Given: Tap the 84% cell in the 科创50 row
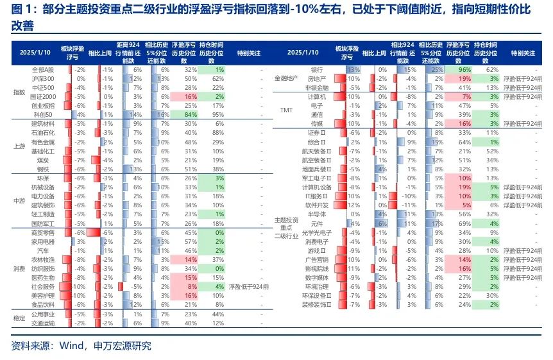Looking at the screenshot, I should pyautogui.click(x=190, y=114).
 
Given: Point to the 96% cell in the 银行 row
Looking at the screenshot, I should pyautogui.click(x=464, y=69).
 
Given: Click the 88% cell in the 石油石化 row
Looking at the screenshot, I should pyautogui.click(x=218, y=132).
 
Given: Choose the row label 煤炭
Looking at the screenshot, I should pyautogui.click(x=43, y=159).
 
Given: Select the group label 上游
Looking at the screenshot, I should pyautogui.click(x=19, y=146).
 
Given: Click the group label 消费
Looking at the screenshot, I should pyautogui.click(x=19, y=270).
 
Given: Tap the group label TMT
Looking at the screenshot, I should pyautogui.click(x=287, y=110).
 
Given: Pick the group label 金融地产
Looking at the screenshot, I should pyautogui.click(x=287, y=78).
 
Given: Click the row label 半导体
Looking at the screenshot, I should pyautogui.click(x=316, y=214).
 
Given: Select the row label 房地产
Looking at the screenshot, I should pyautogui.click(x=316, y=78).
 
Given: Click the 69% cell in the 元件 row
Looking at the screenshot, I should pyautogui.click(x=464, y=223).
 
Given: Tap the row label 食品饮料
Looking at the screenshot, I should pyautogui.click(x=43, y=305).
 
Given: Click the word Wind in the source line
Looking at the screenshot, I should pyautogui.click(x=72, y=346).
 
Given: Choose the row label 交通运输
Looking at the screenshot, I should pyautogui.click(x=43, y=323).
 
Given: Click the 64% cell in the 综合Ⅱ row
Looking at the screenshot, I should pyautogui.click(x=464, y=141).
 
